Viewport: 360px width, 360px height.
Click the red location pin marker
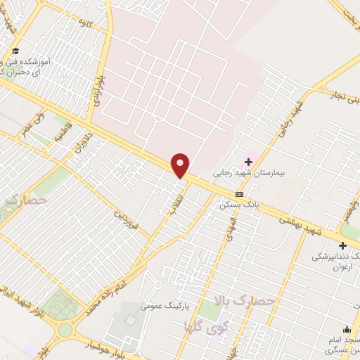[x=181, y=165]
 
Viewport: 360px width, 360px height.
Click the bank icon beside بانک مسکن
[x=240, y=194]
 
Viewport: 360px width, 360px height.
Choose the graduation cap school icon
[x=16, y=51]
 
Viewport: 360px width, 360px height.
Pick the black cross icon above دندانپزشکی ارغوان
[x=342, y=246]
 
